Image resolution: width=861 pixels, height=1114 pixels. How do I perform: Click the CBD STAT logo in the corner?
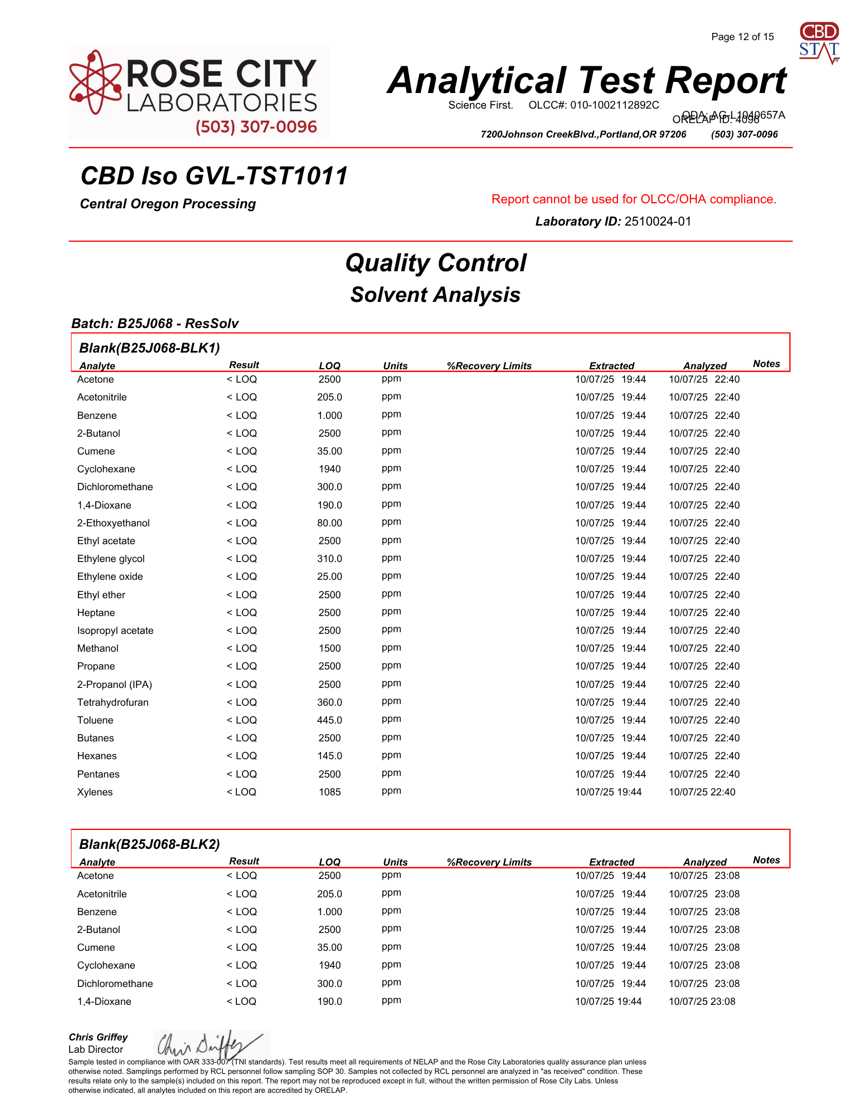[x=819, y=42]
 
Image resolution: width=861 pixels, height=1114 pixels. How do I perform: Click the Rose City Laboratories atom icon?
[x=95, y=82]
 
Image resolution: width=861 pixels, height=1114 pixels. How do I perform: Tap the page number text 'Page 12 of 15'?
[x=742, y=37]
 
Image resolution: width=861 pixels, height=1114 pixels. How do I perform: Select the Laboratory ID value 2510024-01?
[x=658, y=222]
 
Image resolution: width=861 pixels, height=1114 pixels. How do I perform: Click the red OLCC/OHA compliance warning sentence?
[x=634, y=199]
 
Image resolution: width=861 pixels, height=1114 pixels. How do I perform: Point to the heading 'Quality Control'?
[x=435, y=263]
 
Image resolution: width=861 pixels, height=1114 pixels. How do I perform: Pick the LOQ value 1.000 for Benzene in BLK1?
[x=329, y=416]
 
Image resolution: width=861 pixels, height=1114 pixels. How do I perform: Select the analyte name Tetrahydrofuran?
[x=113, y=702]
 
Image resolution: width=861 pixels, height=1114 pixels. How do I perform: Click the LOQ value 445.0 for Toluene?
[x=329, y=720]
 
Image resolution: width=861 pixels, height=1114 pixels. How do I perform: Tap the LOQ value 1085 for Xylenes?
[x=329, y=792]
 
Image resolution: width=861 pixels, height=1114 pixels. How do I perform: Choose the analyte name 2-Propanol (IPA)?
[x=114, y=685]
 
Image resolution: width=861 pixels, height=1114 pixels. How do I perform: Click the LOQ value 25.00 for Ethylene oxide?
[x=329, y=576]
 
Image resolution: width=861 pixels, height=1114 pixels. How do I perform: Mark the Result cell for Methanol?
[x=241, y=648]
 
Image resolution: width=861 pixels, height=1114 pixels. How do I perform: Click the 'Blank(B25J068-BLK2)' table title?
[x=149, y=844]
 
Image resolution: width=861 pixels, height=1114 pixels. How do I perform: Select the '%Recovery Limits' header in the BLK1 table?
[x=489, y=366]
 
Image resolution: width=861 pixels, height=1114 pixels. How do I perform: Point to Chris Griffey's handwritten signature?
[x=209, y=1044]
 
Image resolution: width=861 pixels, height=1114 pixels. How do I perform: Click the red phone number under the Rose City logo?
[x=256, y=127]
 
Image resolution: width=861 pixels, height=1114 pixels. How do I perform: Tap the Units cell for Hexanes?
[x=391, y=755]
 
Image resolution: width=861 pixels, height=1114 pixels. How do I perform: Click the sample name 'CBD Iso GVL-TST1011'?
[x=214, y=176]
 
